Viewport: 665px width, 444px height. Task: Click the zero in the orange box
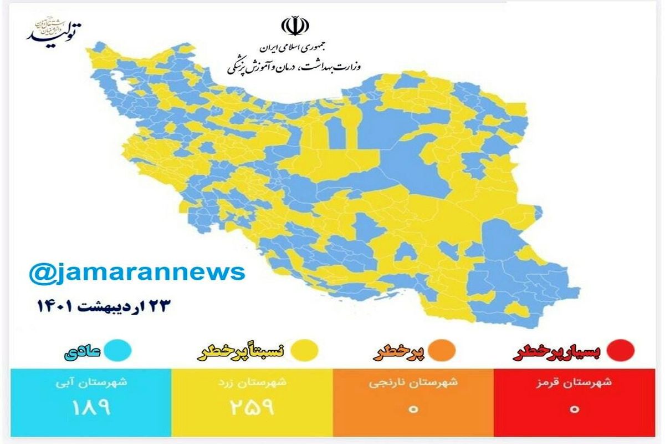point(413,410)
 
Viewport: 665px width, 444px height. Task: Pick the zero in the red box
point(575,410)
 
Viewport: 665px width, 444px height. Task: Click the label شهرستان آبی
point(92,382)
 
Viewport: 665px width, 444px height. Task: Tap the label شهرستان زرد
point(252,382)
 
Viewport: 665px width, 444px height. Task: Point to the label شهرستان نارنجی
point(413,382)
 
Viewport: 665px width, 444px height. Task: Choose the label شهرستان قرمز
point(575,382)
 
